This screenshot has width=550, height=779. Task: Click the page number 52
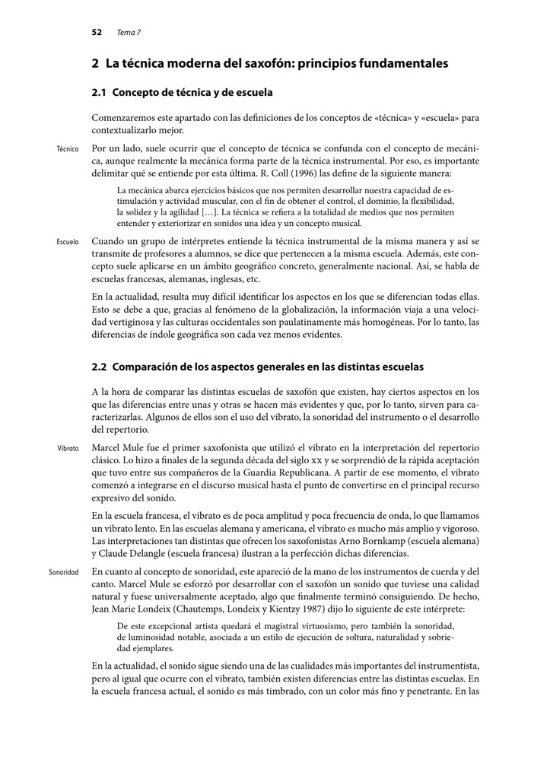coord(97,33)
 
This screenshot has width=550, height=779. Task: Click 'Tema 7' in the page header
coord(129,33)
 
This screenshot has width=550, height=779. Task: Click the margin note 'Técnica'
coord(68,149)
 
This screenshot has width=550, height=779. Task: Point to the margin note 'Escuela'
coord(68,243)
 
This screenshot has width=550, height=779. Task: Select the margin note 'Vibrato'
coord(68,449)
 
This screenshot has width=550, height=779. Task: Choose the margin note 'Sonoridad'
coord(64,572)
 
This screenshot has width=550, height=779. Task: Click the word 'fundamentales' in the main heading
coord(407,63)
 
